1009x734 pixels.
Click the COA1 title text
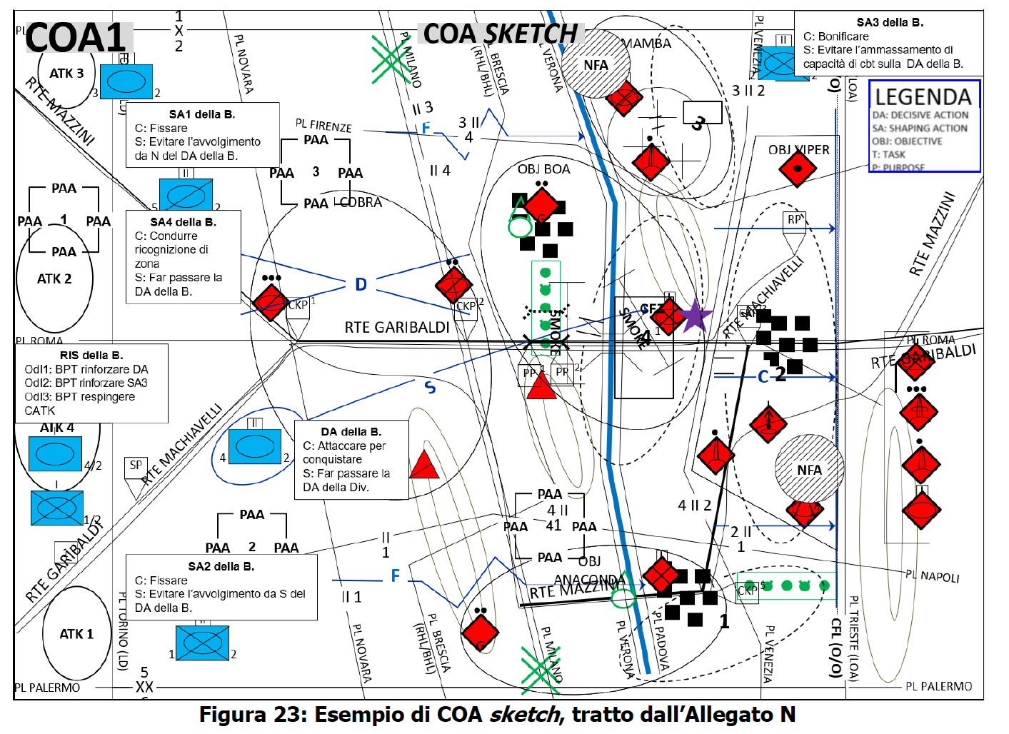coord(76,37)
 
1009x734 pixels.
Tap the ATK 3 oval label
coord(66,74)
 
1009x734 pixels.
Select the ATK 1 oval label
coord(76,634)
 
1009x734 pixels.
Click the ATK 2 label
coord(54,279)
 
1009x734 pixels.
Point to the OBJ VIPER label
coord(798,150)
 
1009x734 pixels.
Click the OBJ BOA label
coord(543,169)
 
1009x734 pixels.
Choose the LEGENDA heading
coord(923,97)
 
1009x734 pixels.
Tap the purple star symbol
coord(694,316)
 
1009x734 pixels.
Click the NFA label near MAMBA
coord(596,66)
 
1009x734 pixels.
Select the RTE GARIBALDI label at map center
coord(397,328)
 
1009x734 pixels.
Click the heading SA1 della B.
coord(202,114)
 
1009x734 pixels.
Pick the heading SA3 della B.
coord(890,23)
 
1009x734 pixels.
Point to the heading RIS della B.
coord(91,355)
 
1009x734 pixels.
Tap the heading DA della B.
coord(351,432)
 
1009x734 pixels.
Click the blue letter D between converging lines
coord(361,285)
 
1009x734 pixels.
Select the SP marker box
coord(136,466)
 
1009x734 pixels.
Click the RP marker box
coord(794,220)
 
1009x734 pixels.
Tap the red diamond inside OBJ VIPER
coord(798,170)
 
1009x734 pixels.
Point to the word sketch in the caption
coord(524,715)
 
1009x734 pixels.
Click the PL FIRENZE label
coord(323,126)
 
